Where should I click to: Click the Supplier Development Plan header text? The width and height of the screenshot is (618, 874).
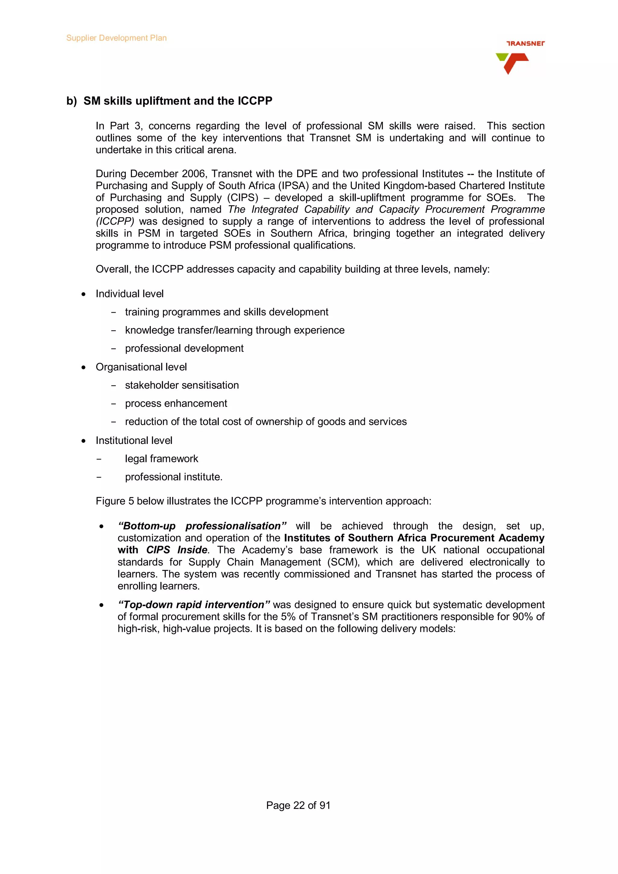(116, 38)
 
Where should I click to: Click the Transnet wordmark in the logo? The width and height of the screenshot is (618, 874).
(525, 43)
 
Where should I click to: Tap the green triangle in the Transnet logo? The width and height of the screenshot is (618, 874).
(502, 57)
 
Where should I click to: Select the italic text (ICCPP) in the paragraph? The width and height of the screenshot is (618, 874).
(115, 222)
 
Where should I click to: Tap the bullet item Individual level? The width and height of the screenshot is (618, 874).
(129, 294)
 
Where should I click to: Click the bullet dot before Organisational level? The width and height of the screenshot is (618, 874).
(83, 367)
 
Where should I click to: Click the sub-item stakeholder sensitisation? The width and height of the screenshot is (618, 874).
(182, 385)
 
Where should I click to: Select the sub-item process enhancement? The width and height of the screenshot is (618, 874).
(176, 404)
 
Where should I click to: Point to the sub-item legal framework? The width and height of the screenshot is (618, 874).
(161, 459)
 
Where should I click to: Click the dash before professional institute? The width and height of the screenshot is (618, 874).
(99, 477)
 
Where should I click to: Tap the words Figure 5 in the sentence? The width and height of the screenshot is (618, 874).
(115, 501)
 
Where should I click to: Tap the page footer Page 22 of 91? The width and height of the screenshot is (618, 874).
(298, 806)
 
